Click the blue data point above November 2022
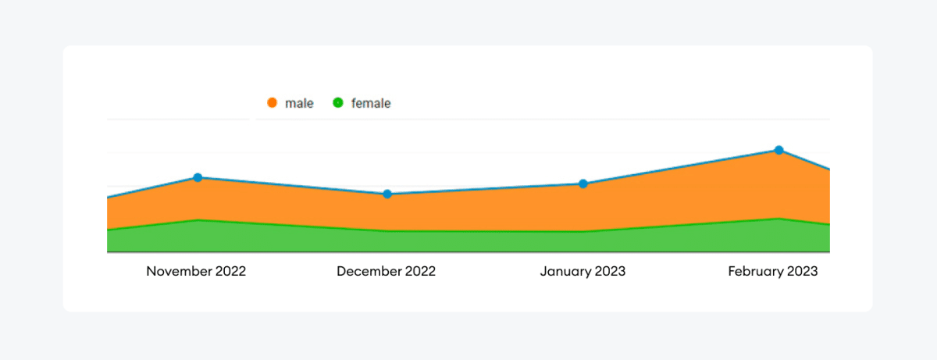coord(198,178)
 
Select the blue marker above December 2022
coord(387,194)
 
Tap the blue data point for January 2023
coord(583,184)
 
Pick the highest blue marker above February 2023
coord(778,150)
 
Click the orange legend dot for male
coord(273,103)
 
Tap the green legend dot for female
coord(338,103)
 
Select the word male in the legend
coord(299,103)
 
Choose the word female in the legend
coord(371,103)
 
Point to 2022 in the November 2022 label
coord(230,272)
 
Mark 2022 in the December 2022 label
coord(420,272)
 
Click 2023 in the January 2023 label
coord(609,272)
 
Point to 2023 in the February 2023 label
coord(802,272)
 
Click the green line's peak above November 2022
coord(198,220)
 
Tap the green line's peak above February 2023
coord(778,219)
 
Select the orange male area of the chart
coord(484,209)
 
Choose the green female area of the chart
coord(484,242)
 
